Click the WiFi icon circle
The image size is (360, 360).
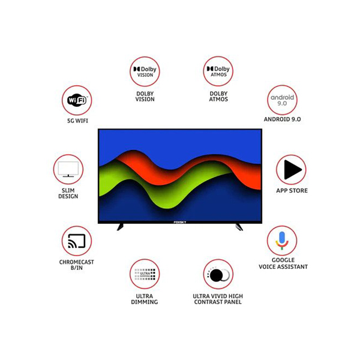pos(76,100)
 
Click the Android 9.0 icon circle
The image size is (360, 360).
pos(283,100)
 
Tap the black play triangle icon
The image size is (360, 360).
pos(292,170)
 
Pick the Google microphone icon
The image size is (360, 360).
pos(282,241)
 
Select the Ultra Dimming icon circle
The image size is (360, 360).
pos(145,275)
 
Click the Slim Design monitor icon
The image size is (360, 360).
pos(68,170)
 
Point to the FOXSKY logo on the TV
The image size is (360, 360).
pos(180,221)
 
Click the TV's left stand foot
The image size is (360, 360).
pos(121,227)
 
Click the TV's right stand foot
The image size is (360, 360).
pos(239,227)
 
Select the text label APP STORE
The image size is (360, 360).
pos(292,191)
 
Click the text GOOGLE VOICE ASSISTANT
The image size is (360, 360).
pos(283,263)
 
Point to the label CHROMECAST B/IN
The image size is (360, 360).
pos(76,265)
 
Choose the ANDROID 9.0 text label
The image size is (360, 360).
pos(282,119)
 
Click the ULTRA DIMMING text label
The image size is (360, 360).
pos(145,299)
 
